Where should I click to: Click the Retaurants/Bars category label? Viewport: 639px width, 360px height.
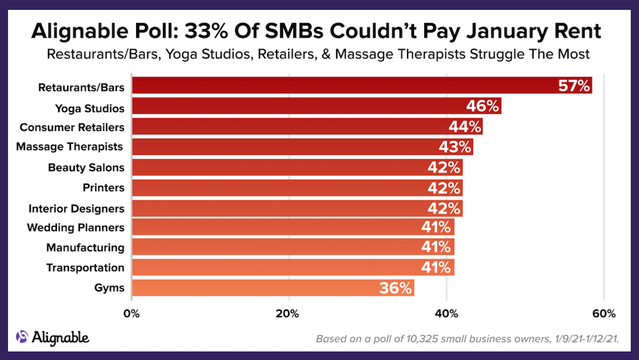tap(81, 86)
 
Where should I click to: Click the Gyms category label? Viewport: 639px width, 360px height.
tap(110, 288)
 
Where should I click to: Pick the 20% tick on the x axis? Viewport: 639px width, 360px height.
tap(288, 314)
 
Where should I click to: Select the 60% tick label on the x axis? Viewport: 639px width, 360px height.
tap(603, 314)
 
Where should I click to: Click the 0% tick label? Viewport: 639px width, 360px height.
tap(131, 314)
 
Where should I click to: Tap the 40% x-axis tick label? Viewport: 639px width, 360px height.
tap(446, 314)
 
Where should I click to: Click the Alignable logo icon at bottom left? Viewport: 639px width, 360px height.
tap(22, 337)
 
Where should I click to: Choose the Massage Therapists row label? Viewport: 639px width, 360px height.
tap(70, 146)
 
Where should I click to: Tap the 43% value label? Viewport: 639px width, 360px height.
tap(455, 147)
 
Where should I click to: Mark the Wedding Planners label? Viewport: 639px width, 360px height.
tap(75, 227)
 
